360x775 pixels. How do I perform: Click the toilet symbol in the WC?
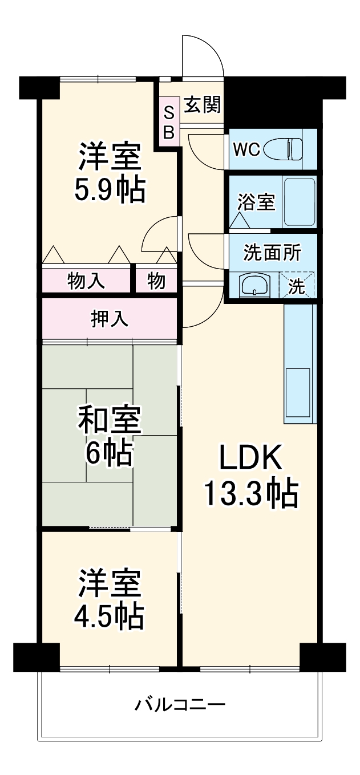click(289, 149)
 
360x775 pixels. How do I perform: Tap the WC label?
click(246, 150)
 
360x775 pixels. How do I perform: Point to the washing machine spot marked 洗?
click(297, 286)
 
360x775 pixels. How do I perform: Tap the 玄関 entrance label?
click(203, 105)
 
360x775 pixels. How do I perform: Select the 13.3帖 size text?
click(251, 494)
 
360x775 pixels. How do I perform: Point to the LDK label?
click(251, 458)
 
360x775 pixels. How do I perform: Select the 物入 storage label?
click(86, 281)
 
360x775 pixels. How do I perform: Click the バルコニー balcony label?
click(180, 705)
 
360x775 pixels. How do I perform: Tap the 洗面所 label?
click(272, 252)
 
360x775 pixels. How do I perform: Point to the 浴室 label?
click(256, 202)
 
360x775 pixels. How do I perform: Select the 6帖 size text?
click(109, 454)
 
